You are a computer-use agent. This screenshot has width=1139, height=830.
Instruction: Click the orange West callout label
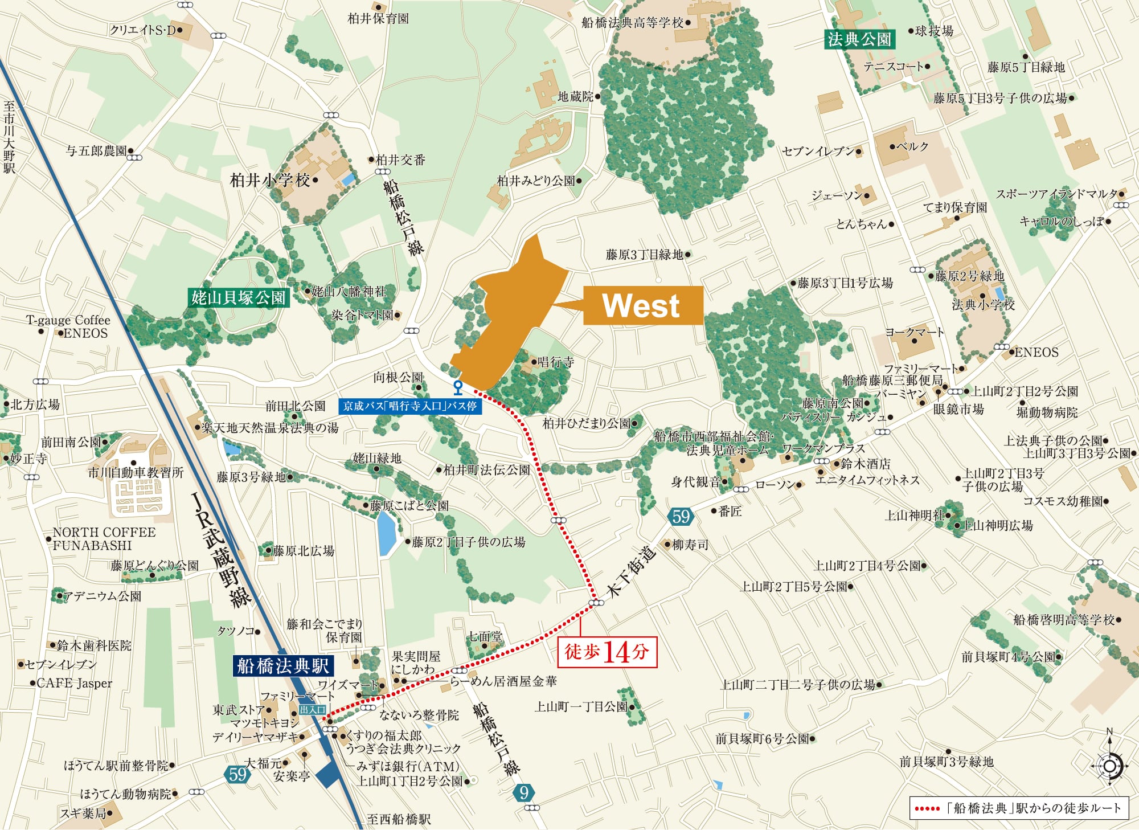[642, 305]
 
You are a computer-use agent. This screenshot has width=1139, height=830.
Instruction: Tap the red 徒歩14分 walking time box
[607, 652]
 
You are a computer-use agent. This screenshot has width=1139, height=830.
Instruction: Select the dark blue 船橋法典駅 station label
[283, 665]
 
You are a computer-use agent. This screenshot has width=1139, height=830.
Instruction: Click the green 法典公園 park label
[859, 39]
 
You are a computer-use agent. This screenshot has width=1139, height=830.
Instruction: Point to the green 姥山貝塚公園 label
[238, 297]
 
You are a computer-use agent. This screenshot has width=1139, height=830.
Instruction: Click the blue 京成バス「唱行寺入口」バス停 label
[409, 406]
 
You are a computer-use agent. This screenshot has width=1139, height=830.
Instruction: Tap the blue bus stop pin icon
[457, 387]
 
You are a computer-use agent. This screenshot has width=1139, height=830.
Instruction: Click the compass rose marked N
[1109, 764]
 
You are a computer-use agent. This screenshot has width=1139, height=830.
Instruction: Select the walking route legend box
[1018, 808]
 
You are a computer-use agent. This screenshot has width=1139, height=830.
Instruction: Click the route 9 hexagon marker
[524, 792]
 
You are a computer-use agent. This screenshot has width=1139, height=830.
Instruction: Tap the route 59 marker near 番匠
[681, 517]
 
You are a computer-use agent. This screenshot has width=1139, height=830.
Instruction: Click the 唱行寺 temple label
[556, 362]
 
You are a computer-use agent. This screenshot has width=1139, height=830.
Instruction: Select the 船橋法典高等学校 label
[632, 23]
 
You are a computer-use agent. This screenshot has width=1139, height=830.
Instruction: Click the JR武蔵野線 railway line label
[222, 550]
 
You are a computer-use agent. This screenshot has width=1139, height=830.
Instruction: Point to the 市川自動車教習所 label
[136, 472]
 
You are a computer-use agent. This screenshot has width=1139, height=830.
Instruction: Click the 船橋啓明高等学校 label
[1063, 620]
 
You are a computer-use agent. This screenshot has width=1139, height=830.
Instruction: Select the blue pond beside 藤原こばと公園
[387, 533]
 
